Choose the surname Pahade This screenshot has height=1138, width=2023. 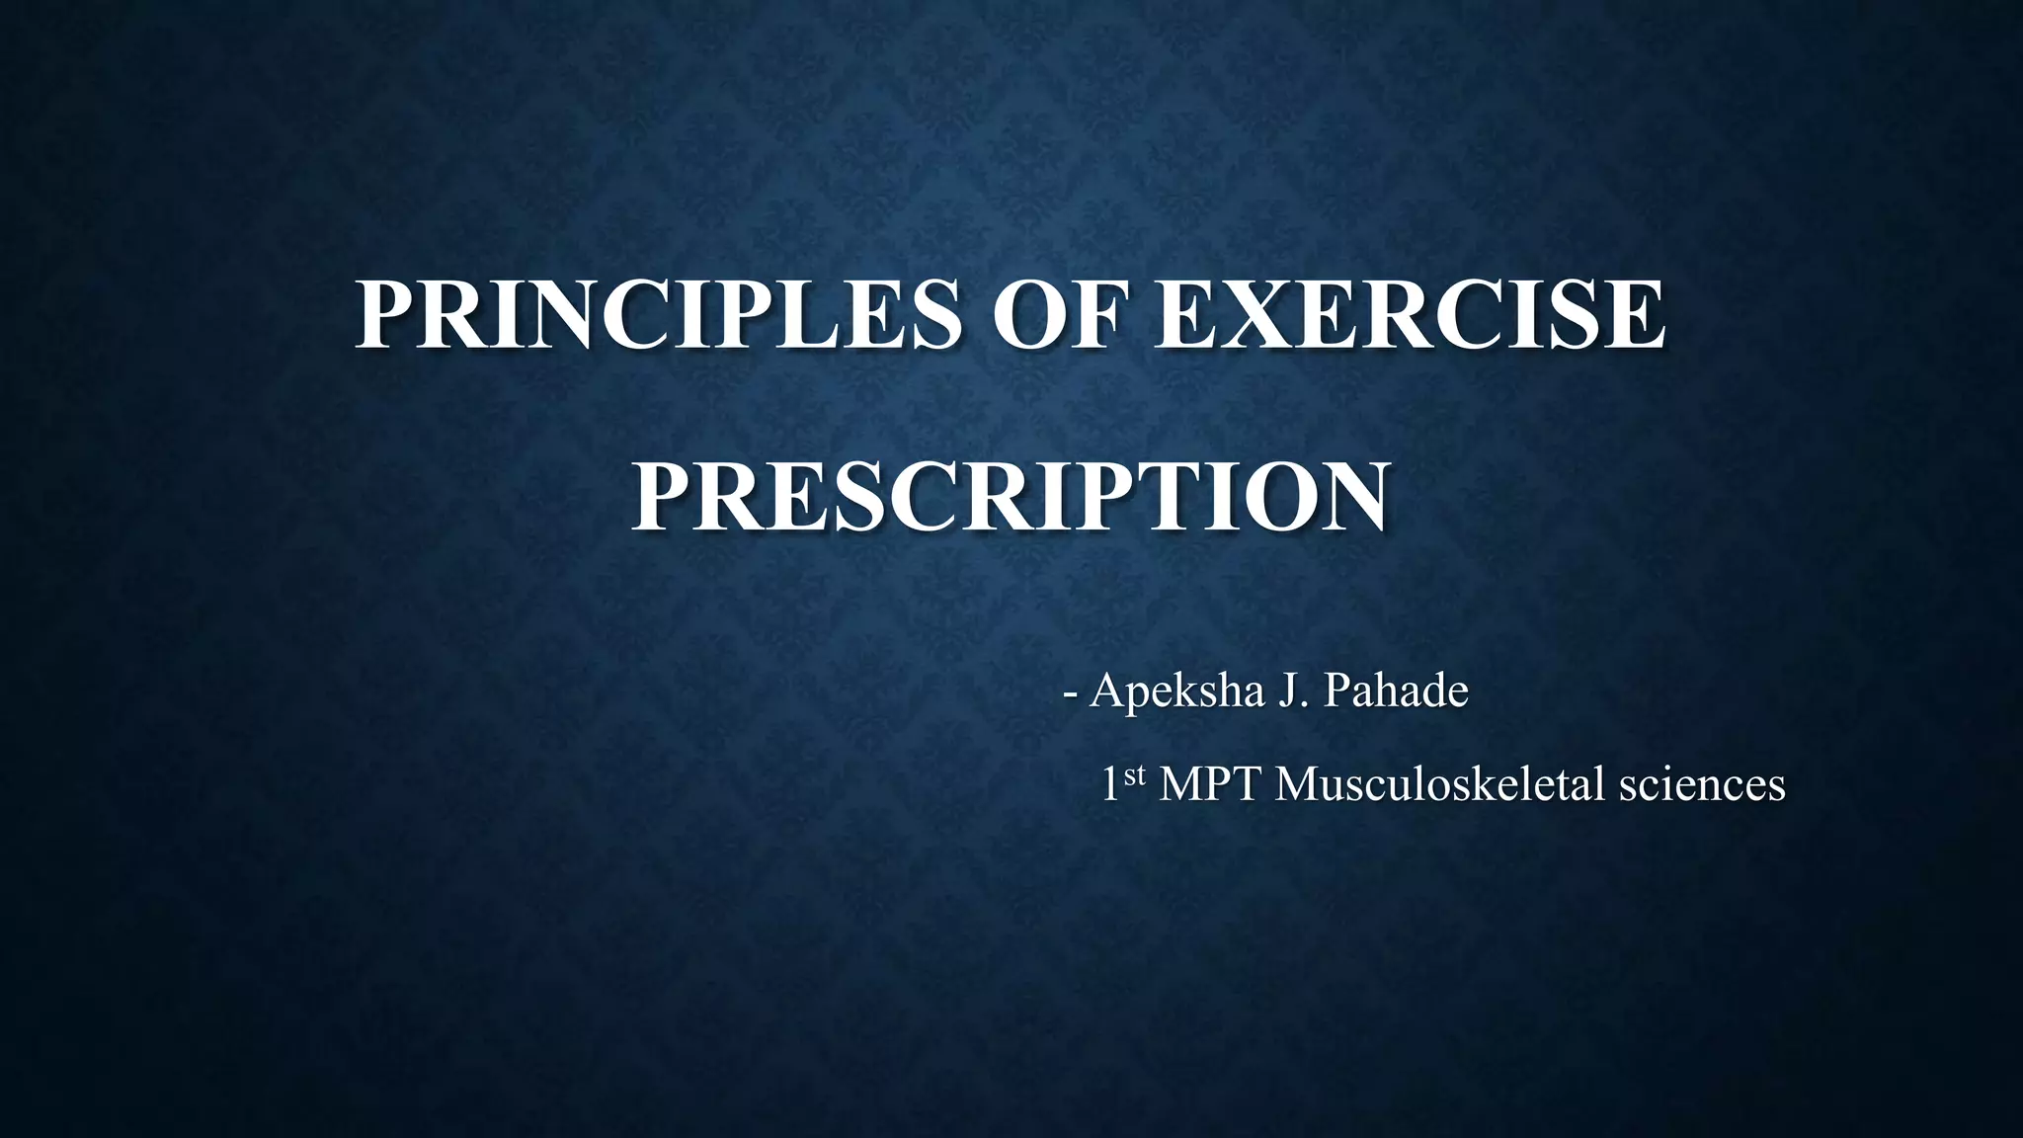pyautogui.click(x=1396, y=691)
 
